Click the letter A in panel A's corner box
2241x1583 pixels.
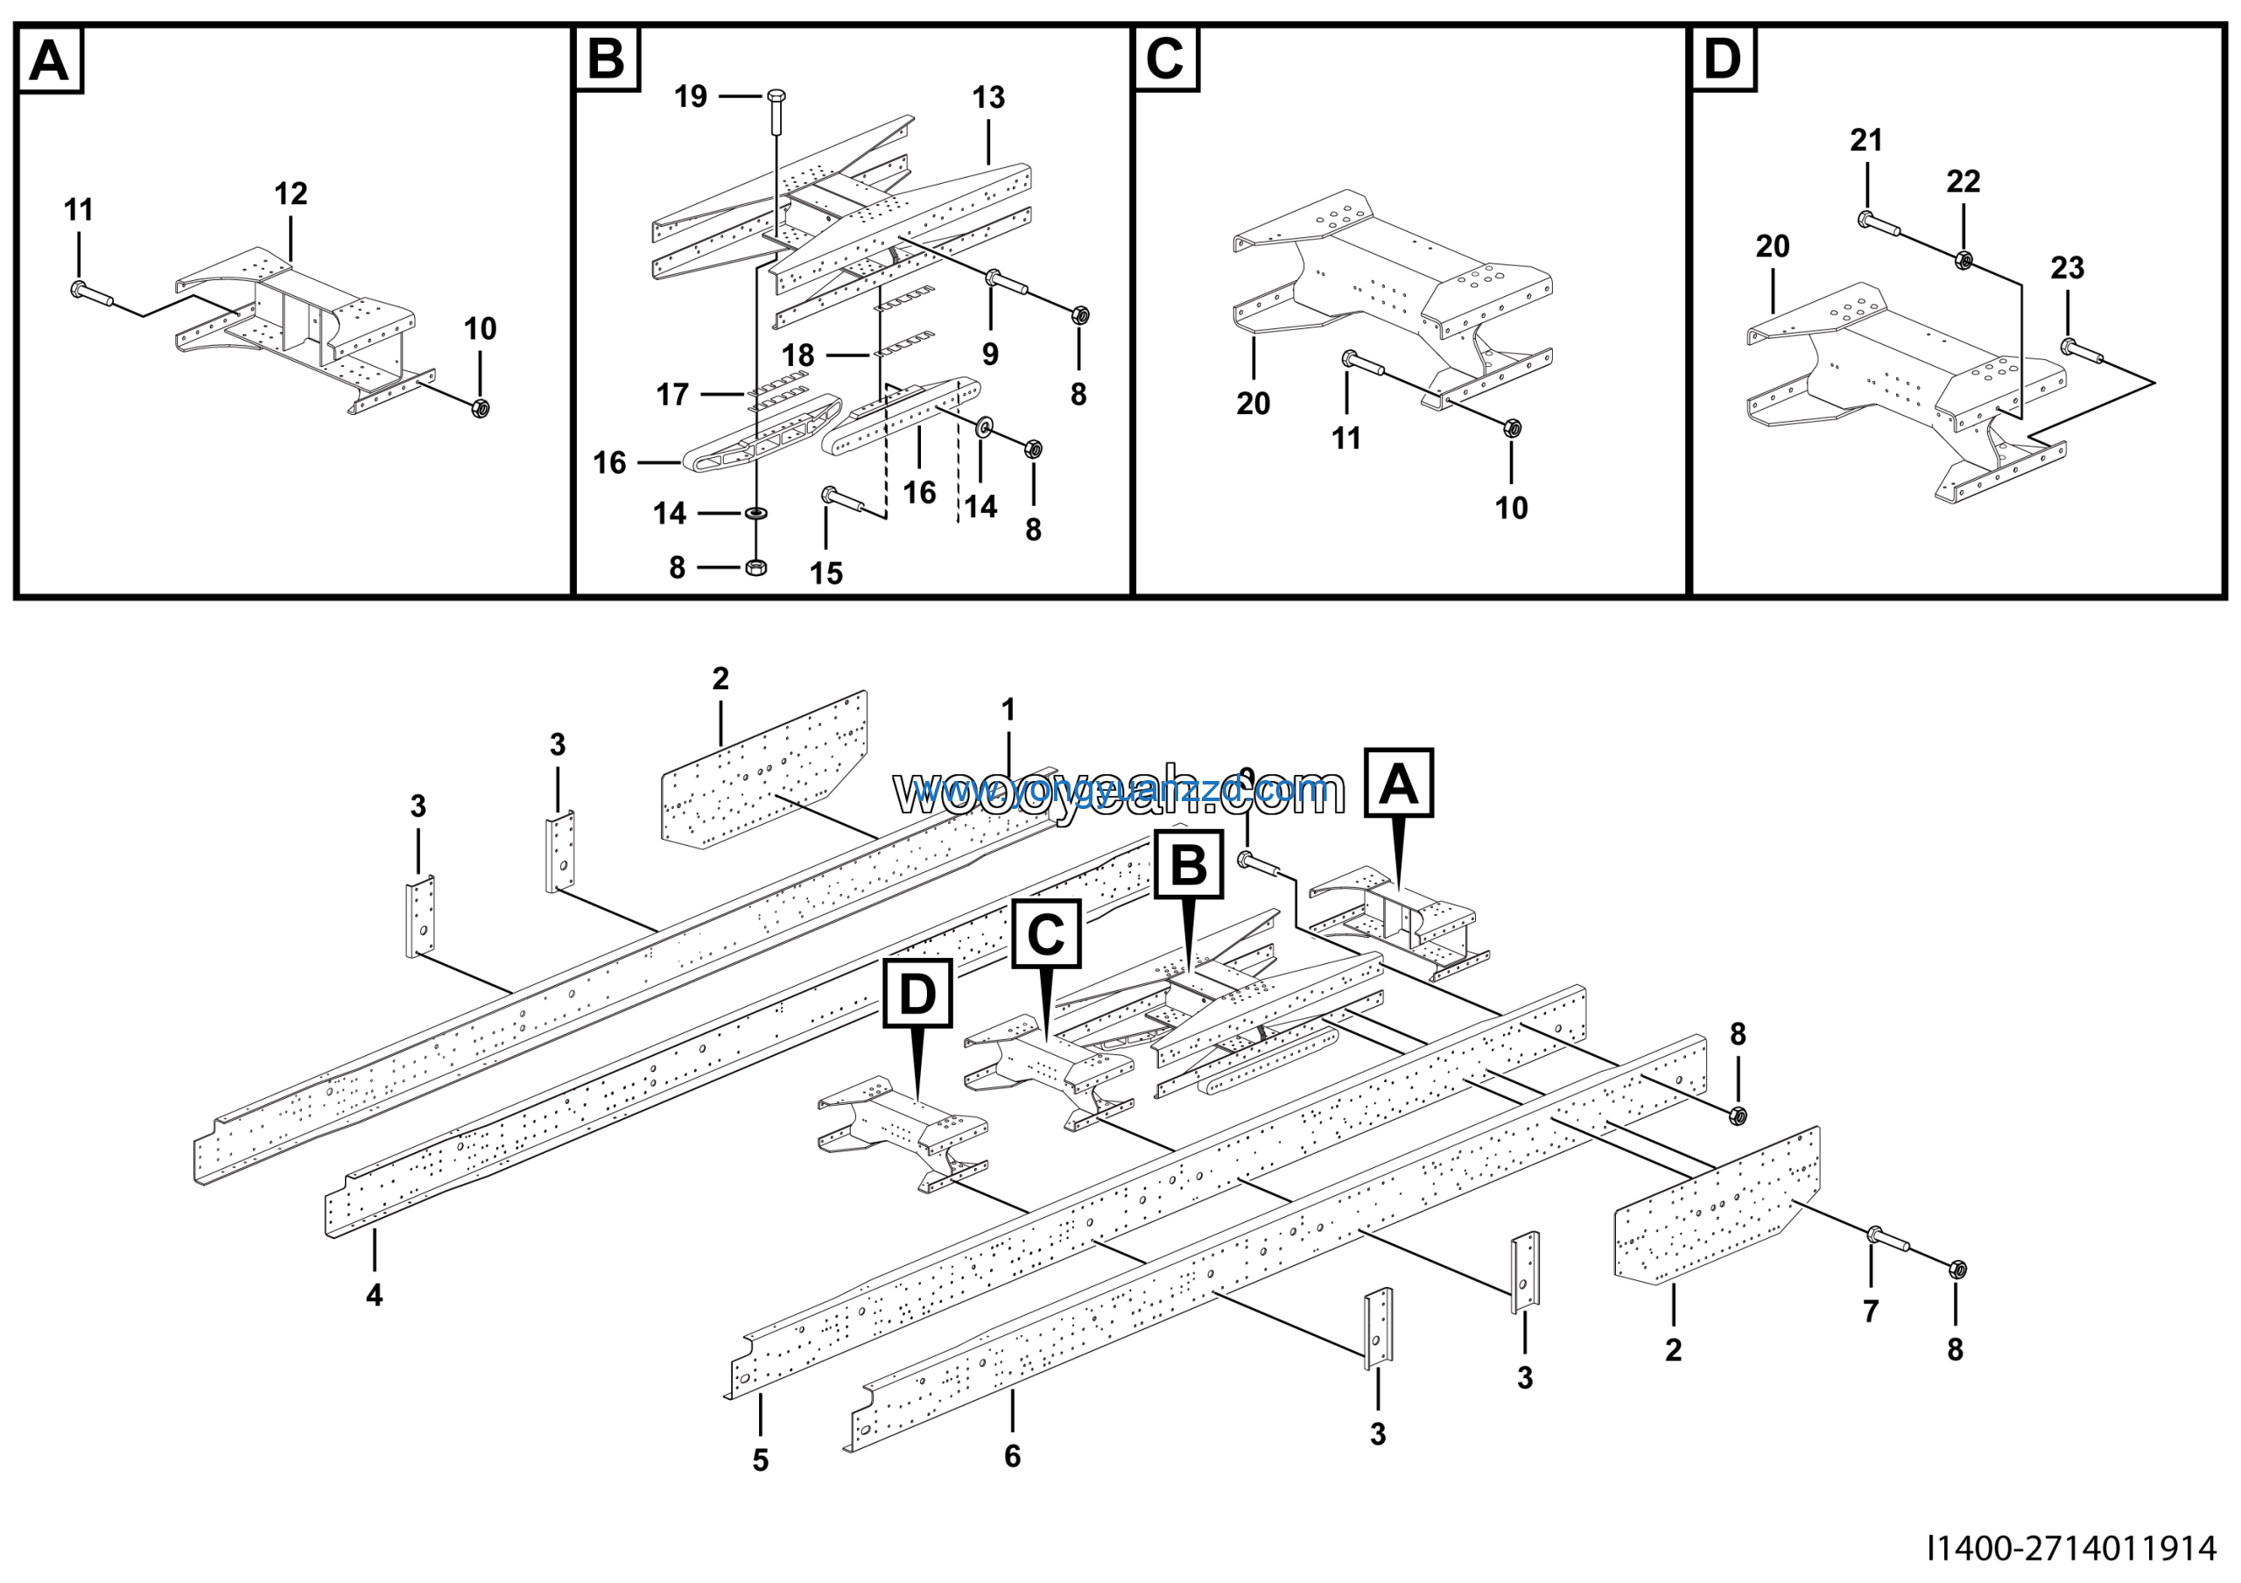tap(49, 60)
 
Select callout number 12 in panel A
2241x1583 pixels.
tap(291, 193)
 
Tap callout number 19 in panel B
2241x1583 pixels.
tap(691, 96)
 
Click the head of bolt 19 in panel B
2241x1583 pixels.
tap(777, 95)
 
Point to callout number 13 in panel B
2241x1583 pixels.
tap(987, 97)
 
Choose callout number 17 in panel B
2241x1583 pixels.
tap(672, 394)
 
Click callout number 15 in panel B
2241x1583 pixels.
tap(825, 573)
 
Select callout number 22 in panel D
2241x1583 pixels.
tap(1963, 181)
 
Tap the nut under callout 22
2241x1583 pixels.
tap(1964, 260)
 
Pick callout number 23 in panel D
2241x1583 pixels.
tap(2068, 267)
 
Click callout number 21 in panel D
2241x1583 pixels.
tap(1866, 141)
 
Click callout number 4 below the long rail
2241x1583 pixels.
tap(375, 1295)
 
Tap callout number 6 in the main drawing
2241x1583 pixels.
tap(1012, 1456)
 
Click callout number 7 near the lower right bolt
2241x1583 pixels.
tap(1870, 1312)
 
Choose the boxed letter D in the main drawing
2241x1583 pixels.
tap(917, 994)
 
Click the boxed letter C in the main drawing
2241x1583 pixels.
tap(1045, 934)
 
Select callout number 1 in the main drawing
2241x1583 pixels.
tap(1008, 709)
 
